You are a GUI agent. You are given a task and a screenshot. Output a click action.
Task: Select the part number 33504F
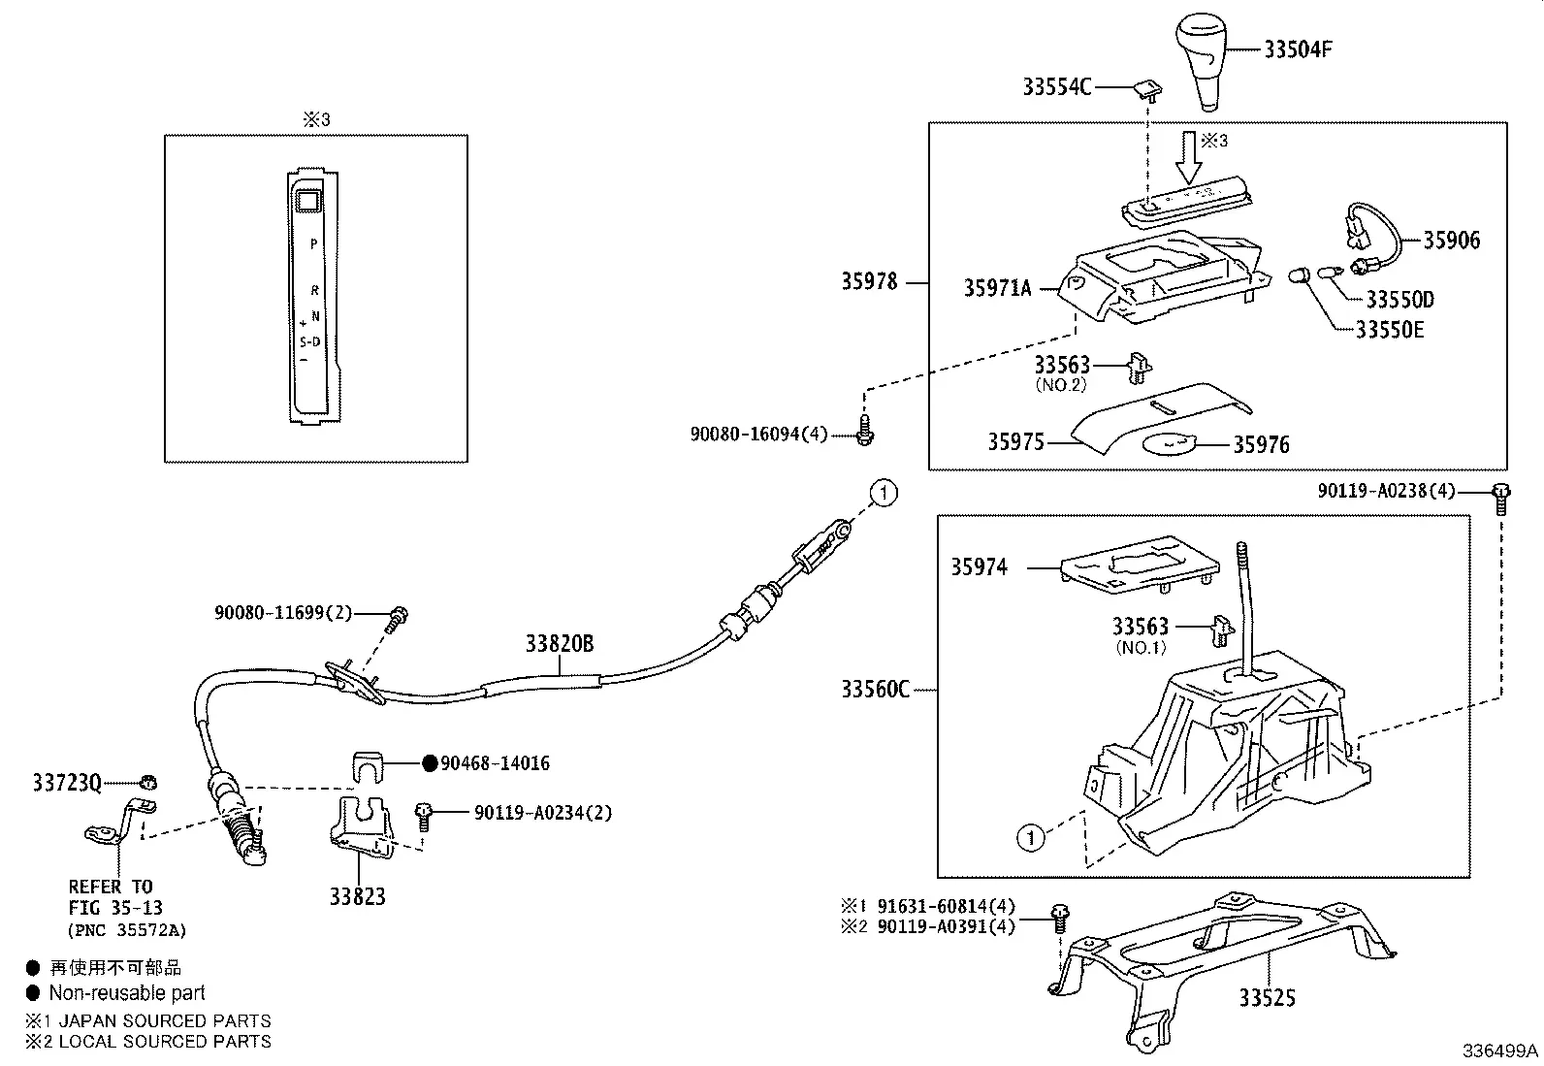pos(1298,49)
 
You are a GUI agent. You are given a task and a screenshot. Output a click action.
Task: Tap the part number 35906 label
pos(1452,240)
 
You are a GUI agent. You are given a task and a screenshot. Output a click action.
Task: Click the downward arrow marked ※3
pos(1189,157)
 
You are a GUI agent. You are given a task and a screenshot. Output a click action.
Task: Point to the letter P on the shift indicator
pos(313,243)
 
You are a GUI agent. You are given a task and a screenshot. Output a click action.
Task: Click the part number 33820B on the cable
pos(559,643)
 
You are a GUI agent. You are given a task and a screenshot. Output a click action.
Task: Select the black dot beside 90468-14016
pos(430,762)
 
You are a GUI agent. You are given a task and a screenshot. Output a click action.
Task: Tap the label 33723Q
pos(67,783)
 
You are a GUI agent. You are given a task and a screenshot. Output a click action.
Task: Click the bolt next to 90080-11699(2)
pos(397,618)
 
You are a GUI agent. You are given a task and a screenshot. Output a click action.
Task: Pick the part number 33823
pos(357,896)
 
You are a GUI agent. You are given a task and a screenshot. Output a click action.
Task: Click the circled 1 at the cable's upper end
pos(884,493)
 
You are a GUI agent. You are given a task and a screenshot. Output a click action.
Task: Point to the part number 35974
pos(979,566)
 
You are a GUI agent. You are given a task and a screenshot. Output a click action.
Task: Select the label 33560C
pos(876,689)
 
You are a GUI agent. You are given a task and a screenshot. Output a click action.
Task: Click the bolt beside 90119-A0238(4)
pos(1501,499)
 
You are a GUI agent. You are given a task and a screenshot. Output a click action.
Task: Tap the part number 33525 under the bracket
pos(1267,998)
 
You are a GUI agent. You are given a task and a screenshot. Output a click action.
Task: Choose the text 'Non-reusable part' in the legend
pos(127,993)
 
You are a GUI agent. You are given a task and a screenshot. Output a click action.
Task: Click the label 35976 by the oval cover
pos(1261,445)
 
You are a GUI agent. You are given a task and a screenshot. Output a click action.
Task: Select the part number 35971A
pos(997,288)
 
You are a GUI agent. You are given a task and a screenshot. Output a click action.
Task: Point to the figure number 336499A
pos(1500,1050)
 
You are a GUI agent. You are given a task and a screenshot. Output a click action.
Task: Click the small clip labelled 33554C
pos(1148,89)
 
